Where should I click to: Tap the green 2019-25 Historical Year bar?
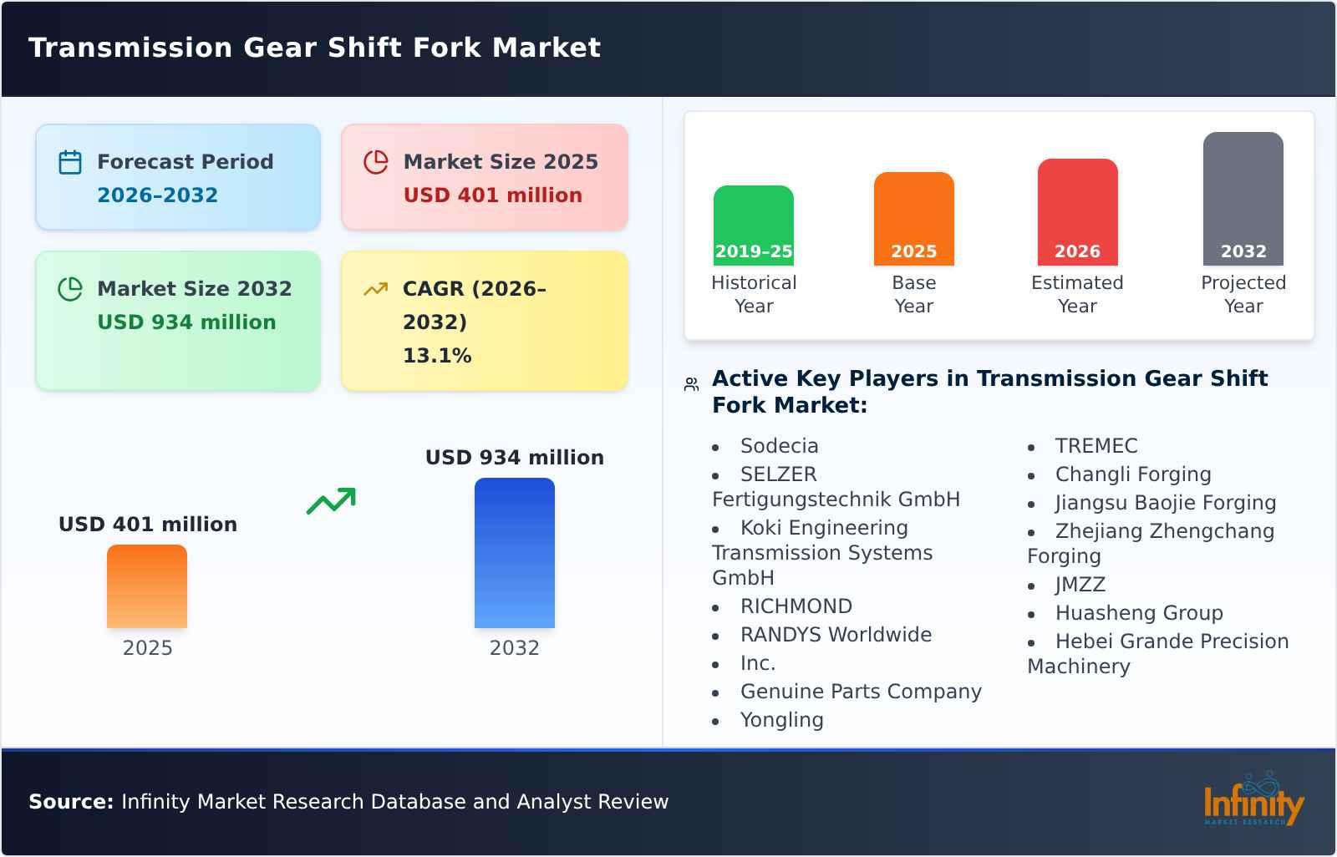pyautogui.click(x=753, y=225)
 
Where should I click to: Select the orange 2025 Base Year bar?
pyautogui.click(x=913, y=218)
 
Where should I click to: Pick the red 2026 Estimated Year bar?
pyautogui.click(x=1077, y=211)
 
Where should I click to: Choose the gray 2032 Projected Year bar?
pyautogui.click(x=1243, y=198)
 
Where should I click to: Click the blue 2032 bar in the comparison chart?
pyautogui.click(x=514, y=552)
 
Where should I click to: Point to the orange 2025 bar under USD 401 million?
pyautogui.click(x=147, y=586)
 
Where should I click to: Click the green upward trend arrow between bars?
pyautogui.click(x=331, y=501)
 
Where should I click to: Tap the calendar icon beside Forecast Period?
pyautogui.click(x=70, y=162)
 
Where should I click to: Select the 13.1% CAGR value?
pyautogui.click(x=437, y=356)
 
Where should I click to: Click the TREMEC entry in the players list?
pyautogui.click(x=1096, y=446)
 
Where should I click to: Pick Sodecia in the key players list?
pyautogui.click(x=779, y=446)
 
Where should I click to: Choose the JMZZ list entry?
pyautogui.click(x=1080, y=585)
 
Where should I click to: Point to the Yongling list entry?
pyautogui.click(x=781, y=720)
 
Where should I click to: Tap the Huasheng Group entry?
pyautogui.click(x=1138, y=613)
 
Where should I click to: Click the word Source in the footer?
pyautogui.click(x=70, y=802)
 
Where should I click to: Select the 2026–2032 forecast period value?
pyautogui.click(x=157, y=195)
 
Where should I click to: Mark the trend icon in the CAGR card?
pyautogui.click(x=376, y=289)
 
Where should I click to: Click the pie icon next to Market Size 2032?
pyautogui.click(x=70, y=289)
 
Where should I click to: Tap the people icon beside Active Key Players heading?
pyautogui.click(x=691, y=384)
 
